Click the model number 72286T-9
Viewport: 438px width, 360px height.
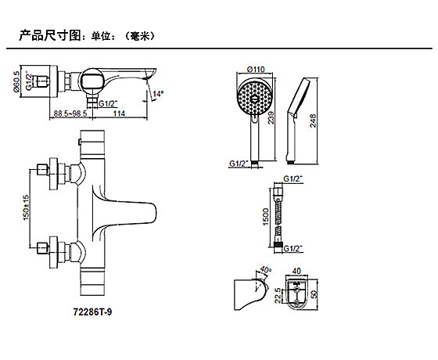click(92, 311)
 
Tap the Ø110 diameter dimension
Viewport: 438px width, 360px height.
click(256, 69)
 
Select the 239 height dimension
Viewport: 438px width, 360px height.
click(271, 117)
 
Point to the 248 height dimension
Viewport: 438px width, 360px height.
click(313, 121)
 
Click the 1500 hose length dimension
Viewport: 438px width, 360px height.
click(266, 216)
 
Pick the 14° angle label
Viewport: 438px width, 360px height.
click(158, 94)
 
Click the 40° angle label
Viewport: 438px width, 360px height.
click(265, 270)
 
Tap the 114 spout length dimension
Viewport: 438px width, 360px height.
click(119, 113)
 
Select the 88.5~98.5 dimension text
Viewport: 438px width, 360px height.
click(70, 113)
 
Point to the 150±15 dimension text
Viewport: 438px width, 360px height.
click(26, 207)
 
